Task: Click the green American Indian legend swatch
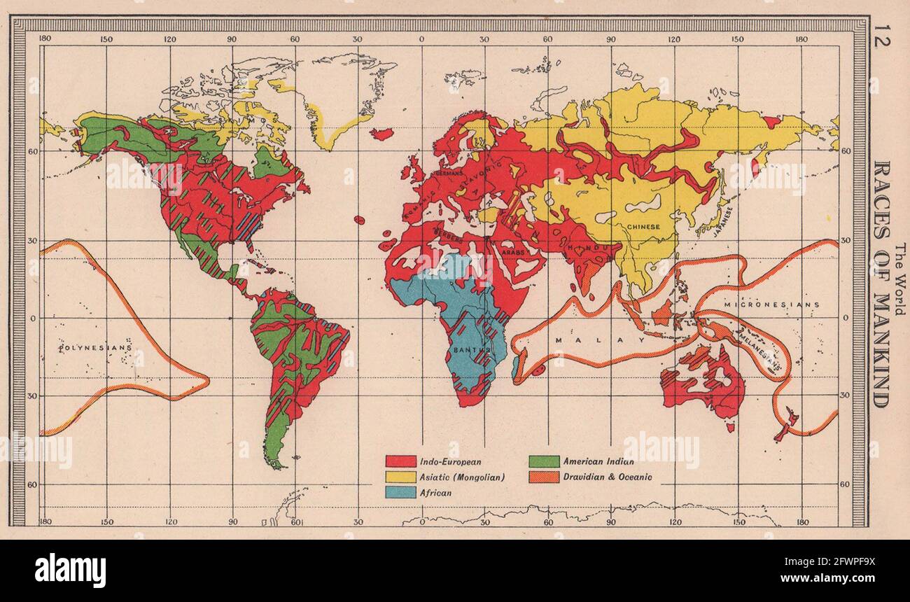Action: pyautogui.click(x=544, y=462)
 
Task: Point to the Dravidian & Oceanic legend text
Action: pyautogui.click(x=607, y=477)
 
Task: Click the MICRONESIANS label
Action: pyautogui.click(x=771, y=306)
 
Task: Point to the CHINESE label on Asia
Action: pyautogui.click(x=643, y=227)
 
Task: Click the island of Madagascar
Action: pyautogui.click(x=517, y=366)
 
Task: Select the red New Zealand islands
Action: pyautogui.click(x=787, y=423)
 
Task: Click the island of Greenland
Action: pyautogui.click(x=329, y=105)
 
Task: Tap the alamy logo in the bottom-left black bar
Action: pyautogui.click(x=70, y=570)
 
